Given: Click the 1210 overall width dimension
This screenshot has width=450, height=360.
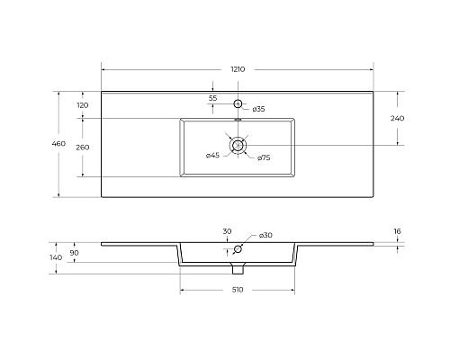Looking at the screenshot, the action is (x=238, y=69).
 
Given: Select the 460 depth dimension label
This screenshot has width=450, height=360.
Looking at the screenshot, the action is (x=58, y=144).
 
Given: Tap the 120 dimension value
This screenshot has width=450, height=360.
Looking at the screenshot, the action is (x=83, y=105).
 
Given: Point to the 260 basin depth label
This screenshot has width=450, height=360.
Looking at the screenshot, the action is (x=83, y=148).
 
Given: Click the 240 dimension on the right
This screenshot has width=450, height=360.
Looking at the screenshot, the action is (x=397, y=118).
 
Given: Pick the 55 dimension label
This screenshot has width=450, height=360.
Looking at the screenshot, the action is (x=212, y=98).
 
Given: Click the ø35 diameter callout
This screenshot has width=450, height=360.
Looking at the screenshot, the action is (x=258, y=109).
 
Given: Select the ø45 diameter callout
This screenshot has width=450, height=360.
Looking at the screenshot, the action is (x=212, y=156).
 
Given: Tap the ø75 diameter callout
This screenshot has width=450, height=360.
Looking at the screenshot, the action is (x=264, y=157).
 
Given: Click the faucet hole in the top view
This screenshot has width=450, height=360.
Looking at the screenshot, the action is (x=238, y=103).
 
